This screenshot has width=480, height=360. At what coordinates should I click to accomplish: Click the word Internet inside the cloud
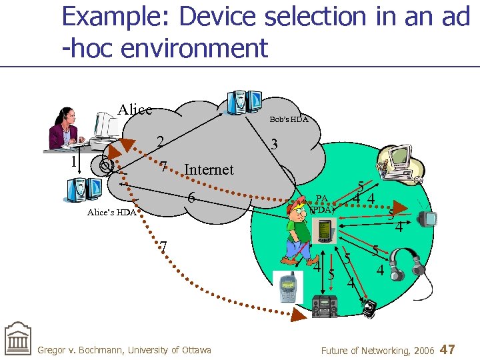pos(209,169)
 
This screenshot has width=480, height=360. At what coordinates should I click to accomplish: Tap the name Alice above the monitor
pos(135,109)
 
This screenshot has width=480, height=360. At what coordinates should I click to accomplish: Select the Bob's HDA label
pos(289,119)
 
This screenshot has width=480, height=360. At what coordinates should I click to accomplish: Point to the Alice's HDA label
pos(111,213)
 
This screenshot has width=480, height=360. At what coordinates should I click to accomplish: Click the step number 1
pos(75,162)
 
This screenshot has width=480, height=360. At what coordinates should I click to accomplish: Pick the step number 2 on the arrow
pos(160,141)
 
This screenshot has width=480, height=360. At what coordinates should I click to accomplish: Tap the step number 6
pos(191,198)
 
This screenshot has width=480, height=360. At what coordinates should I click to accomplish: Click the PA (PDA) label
pos(322,203)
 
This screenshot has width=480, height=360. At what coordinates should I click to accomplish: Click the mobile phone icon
pos(288,287)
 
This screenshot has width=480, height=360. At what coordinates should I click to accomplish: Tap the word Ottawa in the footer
pos(192,350)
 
